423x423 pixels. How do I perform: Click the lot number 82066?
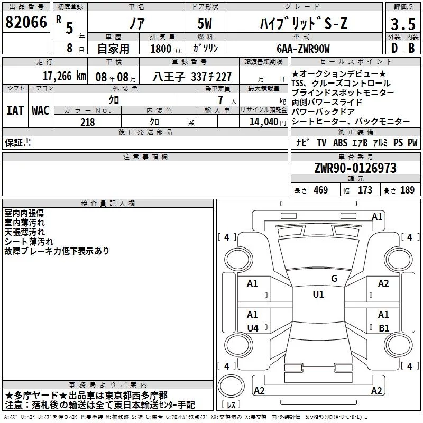tap(26, 22)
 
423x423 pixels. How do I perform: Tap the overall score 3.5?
tap(403, 24)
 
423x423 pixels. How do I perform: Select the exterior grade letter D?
tap(394, 48)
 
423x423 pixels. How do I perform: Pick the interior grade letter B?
tap(411, 48)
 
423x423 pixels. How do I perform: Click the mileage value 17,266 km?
tap(64, 76)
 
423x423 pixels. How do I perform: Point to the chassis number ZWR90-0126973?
tap(355, 168)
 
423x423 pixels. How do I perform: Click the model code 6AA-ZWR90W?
tap(303, 49)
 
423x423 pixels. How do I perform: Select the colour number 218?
tap(88, 122)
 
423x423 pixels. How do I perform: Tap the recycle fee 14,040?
tap(264, 122)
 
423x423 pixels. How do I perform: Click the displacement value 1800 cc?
tap(166, 49)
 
